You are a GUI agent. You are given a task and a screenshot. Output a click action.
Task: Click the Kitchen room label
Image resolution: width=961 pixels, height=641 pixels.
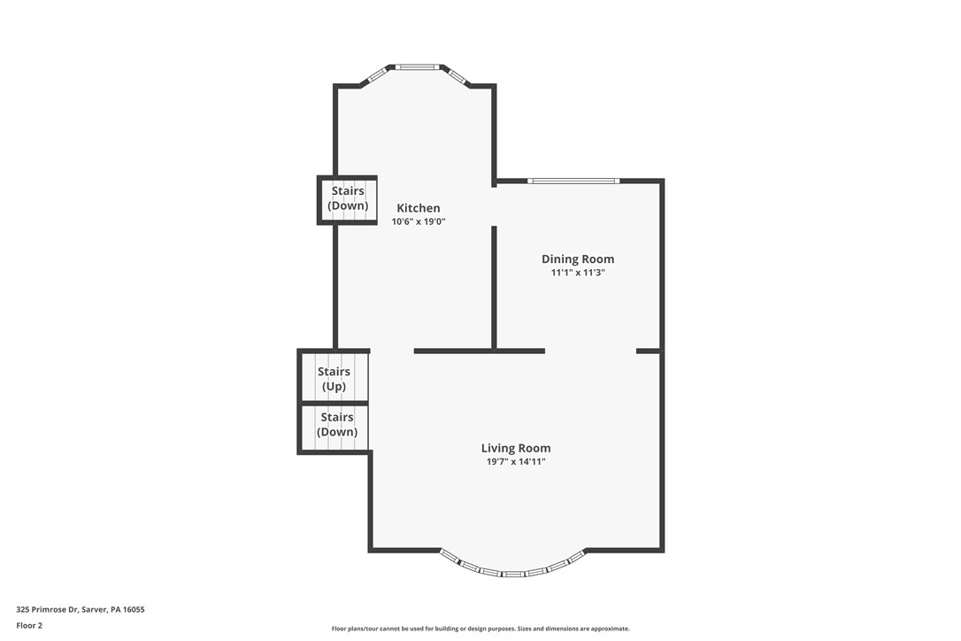pos(418,208)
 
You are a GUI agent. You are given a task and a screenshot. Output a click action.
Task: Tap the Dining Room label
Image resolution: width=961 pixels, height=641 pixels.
pos(578,259)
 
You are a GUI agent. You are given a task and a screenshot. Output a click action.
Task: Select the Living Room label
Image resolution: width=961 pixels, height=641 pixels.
pos(515,448)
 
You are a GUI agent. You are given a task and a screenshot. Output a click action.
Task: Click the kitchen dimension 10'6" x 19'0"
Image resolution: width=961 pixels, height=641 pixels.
pos(418,222)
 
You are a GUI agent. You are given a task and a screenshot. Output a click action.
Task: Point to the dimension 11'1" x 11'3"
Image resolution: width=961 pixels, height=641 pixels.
pos(578,273)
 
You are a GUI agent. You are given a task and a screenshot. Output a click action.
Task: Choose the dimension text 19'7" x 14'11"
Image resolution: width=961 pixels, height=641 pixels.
pos(515,462)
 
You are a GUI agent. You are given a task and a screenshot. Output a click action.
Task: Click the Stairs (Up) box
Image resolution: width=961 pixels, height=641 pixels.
pos(334,378)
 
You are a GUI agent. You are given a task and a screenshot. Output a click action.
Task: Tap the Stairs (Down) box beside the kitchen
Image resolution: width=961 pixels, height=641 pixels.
pos(348,199)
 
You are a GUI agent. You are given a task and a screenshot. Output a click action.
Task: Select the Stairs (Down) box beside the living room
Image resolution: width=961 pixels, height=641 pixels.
pos(336,425)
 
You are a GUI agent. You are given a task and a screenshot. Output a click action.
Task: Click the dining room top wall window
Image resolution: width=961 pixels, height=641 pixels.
pos(573,181)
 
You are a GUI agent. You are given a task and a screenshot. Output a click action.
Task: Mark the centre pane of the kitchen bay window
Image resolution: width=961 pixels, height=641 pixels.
pos(417,66)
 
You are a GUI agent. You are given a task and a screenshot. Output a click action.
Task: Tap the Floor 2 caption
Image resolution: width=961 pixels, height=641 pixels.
pos(29,625)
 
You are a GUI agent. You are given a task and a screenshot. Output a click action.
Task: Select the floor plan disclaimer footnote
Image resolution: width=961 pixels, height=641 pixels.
pos(480,629)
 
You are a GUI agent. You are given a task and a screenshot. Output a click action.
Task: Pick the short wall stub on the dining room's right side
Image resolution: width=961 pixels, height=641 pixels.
pos(648,351)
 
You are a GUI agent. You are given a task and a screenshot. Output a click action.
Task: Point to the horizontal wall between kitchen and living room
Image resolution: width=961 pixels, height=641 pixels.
pos(479,351)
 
